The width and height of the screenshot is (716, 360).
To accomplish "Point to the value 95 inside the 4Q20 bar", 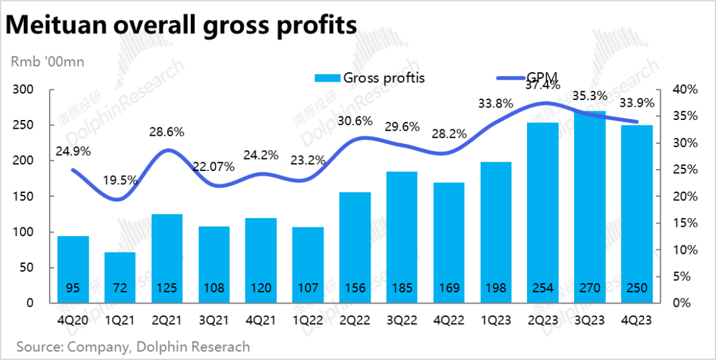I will tap(72, 288).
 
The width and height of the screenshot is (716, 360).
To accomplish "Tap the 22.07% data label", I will tap(212, 167).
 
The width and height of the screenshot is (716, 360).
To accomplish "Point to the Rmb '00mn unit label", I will tap(46, 62).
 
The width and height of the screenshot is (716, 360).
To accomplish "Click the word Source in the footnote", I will tap(38, 346).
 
